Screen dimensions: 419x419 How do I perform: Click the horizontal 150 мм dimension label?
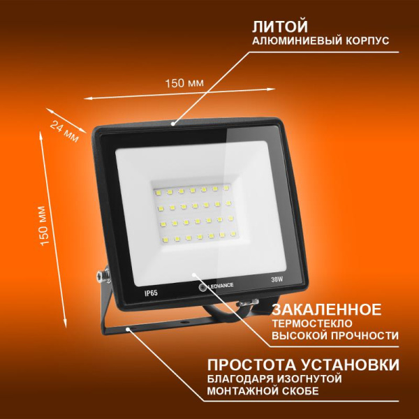pyautogui.click(x=184, y=83)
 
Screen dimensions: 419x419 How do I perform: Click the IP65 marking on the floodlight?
pyautogui.click(x=133, y=286)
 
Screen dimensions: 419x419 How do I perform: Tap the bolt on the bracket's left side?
pyautogui.click(x=102, y=276)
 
